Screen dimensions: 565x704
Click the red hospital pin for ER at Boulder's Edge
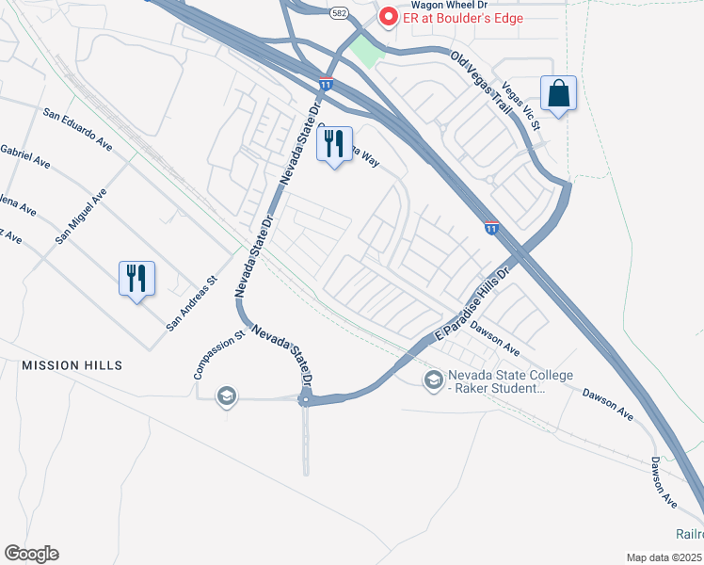(387, 17)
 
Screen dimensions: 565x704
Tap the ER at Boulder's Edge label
(462, 18)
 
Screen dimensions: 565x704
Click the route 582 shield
(337, 13)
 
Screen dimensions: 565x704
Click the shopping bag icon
(559, 93)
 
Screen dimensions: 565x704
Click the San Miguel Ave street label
(81, 217)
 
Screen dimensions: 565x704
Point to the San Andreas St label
(192, 303)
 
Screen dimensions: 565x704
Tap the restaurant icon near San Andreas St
(136, 278)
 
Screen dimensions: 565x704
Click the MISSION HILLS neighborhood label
(72, 364)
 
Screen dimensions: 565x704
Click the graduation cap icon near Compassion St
(226, 396)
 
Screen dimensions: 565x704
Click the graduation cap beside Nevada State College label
(433, 379)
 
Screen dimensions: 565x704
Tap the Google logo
(31, 554)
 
